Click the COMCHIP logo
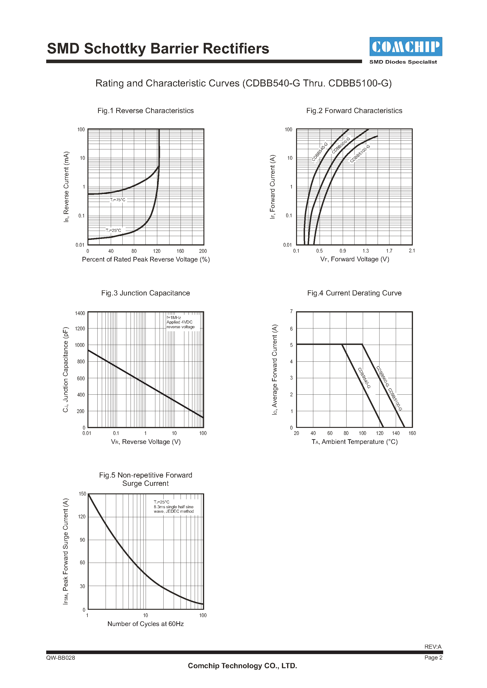[x=405, y=47]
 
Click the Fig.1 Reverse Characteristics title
[x=145, y=111]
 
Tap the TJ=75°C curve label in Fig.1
[x=118, y=200]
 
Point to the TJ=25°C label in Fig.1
[x=113, y=230]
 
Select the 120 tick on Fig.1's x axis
[x=157, y=251]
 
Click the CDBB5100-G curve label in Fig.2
[x=360, y=153]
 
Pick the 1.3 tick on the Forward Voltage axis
[x=366, y=251]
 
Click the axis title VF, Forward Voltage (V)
[x=355, y=259]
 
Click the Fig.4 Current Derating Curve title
[x=354, y=293]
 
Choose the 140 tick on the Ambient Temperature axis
[x=396, y=433]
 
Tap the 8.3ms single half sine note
[x=174, y=507]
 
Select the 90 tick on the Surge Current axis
[x=82, y=540]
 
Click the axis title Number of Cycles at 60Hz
[x=145, y=624]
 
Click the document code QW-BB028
[x=61, y=658]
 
